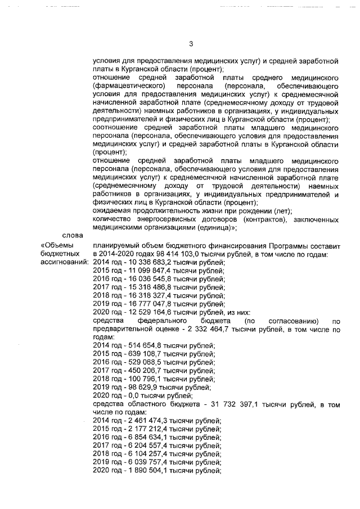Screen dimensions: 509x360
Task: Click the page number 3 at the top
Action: (191, 44)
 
